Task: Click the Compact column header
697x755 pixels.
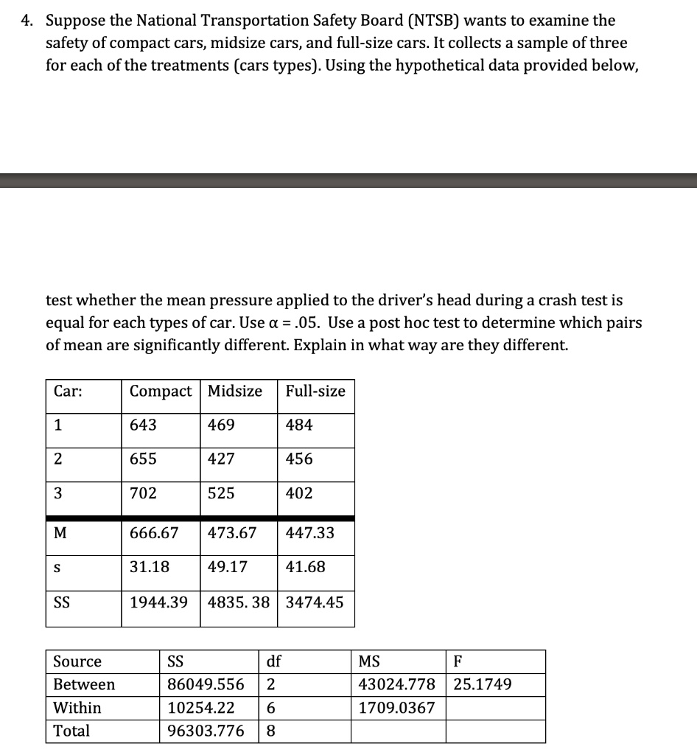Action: pos(161,392)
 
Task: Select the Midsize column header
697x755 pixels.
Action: pos(235,392)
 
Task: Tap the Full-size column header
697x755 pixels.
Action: pos(315,392)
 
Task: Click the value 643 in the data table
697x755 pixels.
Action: pos(143,425)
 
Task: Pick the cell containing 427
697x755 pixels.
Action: pos(222,459)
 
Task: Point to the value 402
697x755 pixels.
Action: pos(299,493)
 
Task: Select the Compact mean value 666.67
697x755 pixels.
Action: pos(154,532)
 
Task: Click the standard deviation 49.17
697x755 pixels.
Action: pos(228,567)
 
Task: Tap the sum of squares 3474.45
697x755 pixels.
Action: pos(315,602)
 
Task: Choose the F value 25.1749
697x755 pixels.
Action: pos(483,684)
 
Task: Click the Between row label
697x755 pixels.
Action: pos(84,684)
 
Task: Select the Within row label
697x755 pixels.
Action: pos(77,708)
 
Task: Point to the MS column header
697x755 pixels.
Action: pos(369,661)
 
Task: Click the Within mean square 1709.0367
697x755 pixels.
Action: pos(396,708)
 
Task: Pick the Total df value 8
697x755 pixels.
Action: pos(270,731)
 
